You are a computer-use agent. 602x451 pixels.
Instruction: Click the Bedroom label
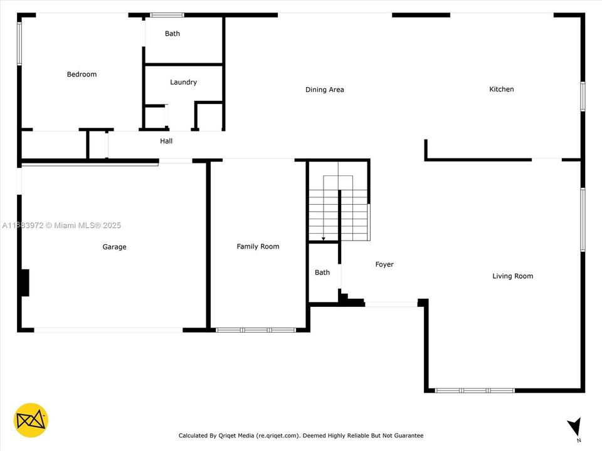82,75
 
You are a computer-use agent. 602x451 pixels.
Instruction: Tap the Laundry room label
183,82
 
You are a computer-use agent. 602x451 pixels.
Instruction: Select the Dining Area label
324,90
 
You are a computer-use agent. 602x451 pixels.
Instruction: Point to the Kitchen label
501,89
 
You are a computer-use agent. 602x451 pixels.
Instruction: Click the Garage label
114,247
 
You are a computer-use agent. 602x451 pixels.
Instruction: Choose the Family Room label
258,246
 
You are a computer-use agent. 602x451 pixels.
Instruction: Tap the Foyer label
384,264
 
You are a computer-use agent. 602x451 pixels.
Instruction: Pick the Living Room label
512,276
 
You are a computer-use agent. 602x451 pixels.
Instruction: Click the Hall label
166,141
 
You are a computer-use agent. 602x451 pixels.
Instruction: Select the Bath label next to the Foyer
322,272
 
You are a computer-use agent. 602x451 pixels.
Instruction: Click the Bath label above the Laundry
172,34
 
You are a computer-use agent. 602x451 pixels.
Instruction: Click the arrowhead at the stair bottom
323,239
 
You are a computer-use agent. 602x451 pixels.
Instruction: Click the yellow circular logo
31,420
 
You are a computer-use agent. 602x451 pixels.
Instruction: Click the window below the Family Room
256,329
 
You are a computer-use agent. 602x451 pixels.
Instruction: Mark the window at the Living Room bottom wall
475,390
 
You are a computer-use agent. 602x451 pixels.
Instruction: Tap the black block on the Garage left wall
24,283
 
